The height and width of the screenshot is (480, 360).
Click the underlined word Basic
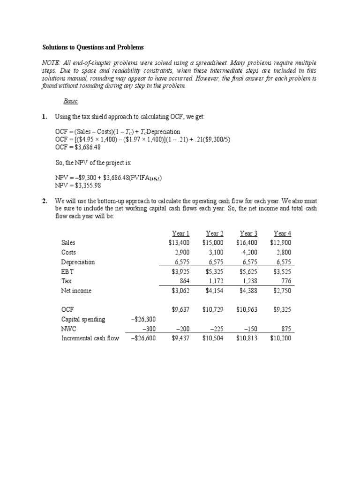pos(70,101)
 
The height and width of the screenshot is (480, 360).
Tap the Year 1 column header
pos(180,233)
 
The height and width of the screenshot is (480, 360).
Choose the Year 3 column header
pos(248,233)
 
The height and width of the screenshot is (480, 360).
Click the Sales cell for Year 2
pos(213,243)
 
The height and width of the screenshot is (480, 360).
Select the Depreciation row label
pos(78,262)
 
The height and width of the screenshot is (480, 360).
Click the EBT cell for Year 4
pos(281,271)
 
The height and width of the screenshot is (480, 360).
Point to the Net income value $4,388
pos(247,291)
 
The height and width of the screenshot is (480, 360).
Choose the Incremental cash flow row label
pos(90,338)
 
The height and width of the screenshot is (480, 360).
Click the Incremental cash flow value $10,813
pos(247,338)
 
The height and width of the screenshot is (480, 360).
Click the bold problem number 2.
pos(45,201)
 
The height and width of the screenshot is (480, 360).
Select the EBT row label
pos(67,271)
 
